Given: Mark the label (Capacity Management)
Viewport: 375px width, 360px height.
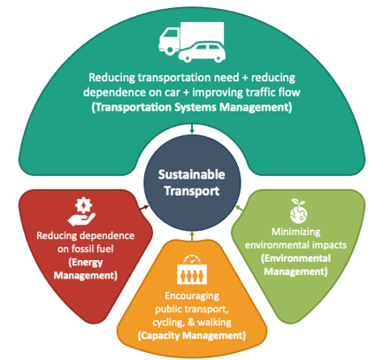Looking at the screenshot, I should (x=190, y=334).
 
